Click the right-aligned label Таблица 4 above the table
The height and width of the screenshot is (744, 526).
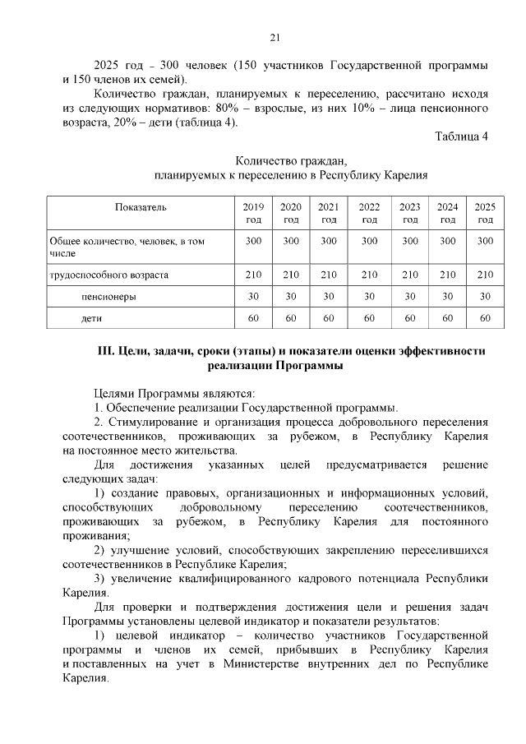(x=461, y=136)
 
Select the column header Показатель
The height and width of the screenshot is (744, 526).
(x=141, y=207)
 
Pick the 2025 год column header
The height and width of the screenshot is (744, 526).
(x=485, y=213)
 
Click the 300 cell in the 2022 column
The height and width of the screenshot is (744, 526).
(x=369, y=241)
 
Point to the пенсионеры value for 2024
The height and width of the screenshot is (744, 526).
(x=447, y=296)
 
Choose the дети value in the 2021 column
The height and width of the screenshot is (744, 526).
(x=329, y=317)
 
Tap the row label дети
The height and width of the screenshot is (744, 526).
(x=91, y=317)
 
